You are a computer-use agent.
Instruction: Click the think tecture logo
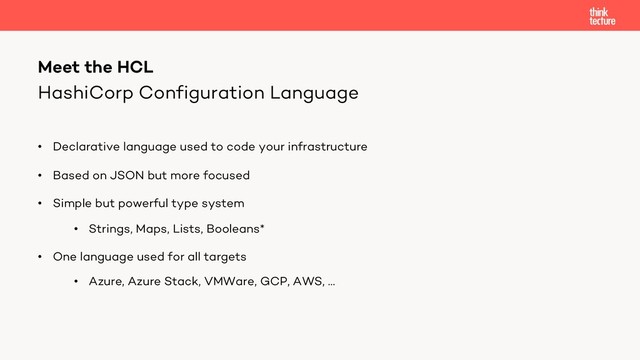(x=602, y=15)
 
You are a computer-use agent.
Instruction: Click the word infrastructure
(x=326, y=147)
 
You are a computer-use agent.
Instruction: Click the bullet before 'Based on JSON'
(x=40, y=175)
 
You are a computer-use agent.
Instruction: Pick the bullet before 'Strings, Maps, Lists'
(x=75, y=229)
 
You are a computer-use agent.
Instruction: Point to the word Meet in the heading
(x=58, y=67)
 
